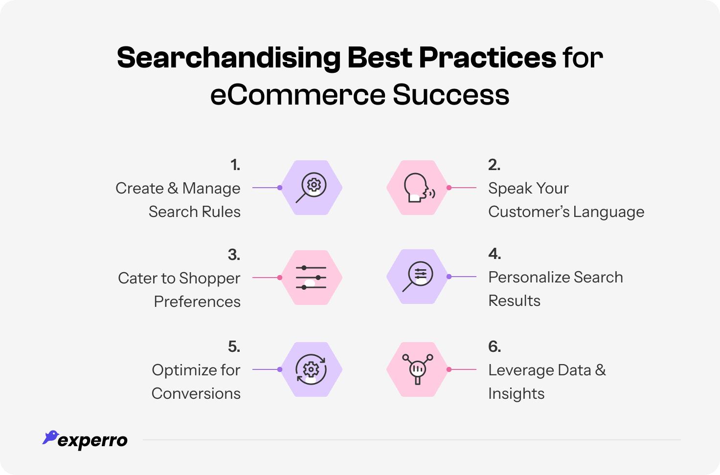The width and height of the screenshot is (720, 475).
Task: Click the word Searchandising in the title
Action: pos(228,58)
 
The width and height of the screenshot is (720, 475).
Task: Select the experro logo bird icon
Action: pos(50,437)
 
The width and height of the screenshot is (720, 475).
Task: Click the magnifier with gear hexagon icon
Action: pos(312,188)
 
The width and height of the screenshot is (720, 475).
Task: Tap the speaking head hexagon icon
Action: pos(417,188)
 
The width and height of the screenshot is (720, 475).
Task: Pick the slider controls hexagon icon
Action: pos(312,278)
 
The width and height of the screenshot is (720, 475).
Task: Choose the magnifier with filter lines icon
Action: pos(417,277)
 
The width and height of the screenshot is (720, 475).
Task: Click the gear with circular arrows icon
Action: pos(312,369)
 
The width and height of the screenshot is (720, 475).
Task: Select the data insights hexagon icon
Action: pos(417,369)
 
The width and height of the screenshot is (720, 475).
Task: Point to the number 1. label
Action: pos(235,165)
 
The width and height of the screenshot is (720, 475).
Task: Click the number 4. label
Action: pos(495,254)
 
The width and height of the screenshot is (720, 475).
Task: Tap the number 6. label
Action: pos(495,346)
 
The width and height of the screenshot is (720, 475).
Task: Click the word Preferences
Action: pos(197,302)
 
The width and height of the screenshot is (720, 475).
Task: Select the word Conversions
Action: pos(196,393)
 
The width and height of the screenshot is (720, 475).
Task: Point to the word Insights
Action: pos(516,393)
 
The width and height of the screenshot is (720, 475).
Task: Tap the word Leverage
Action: pos(520,370)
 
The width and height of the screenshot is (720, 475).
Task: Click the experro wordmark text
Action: pos(92,441)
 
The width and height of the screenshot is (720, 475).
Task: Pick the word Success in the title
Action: pos(450,94)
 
